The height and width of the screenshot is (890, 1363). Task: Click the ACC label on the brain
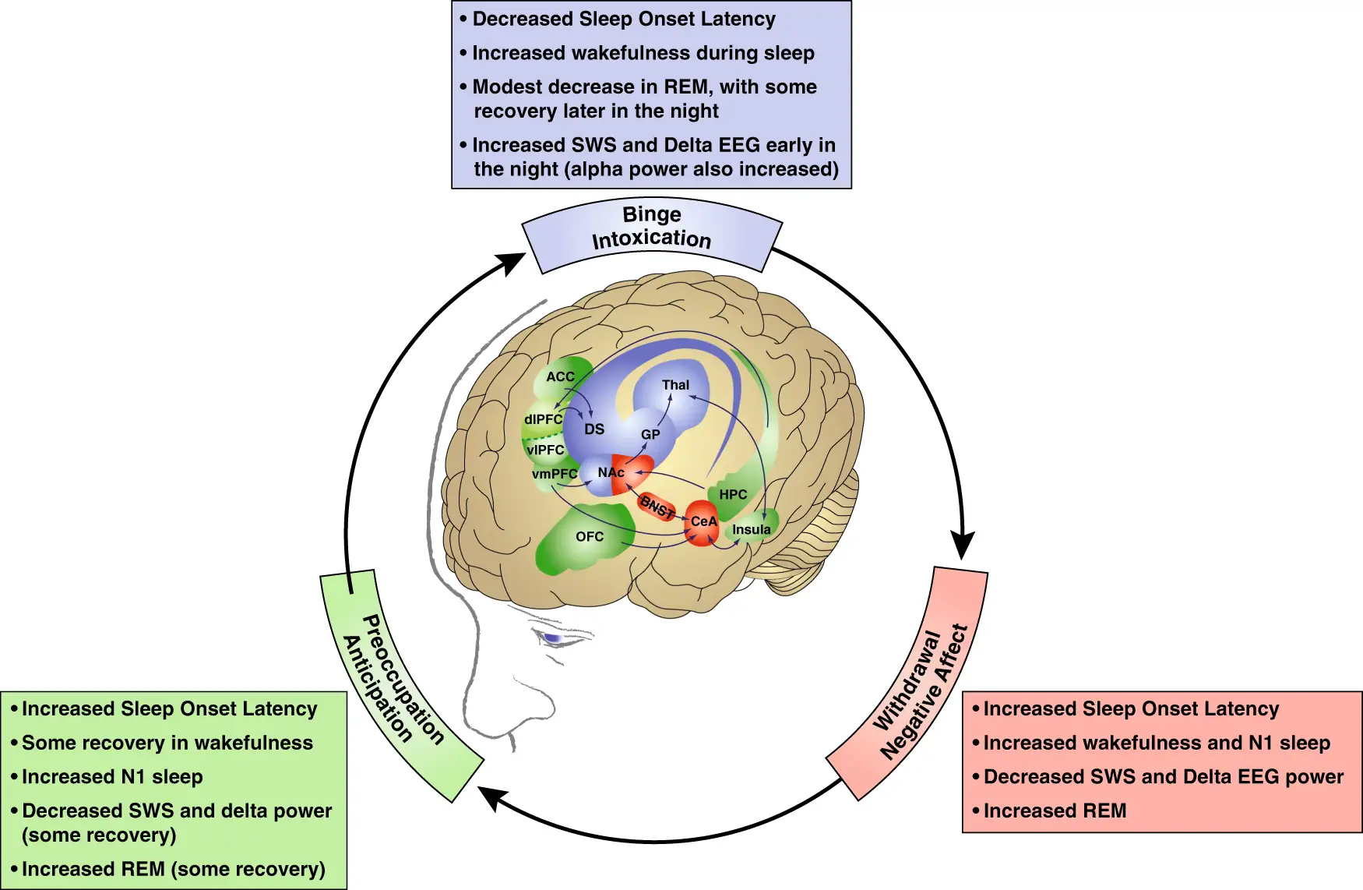coord(560,377)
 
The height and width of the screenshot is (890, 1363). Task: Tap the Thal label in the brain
coord(675,385)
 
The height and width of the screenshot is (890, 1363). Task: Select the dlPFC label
coord(543,419)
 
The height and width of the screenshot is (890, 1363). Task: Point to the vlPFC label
coord(545,450)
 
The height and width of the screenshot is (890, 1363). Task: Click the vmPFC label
coord(555,474)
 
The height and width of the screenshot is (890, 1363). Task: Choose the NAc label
coord(611,472)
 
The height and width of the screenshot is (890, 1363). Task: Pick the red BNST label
coord(657,507)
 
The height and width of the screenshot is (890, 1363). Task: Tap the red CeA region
coord(702,522)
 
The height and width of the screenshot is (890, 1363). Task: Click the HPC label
coord(733,495)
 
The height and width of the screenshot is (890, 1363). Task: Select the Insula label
coord(752,530)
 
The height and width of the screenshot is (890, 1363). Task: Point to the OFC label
coord(590,537)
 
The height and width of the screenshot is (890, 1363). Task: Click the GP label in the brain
coord(650,435)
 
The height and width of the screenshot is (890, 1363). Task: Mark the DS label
coord(594,429)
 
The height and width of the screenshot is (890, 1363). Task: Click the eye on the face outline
coord(553,639)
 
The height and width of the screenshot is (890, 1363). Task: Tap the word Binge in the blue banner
coord(652,214)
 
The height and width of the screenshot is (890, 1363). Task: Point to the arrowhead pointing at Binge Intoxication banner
coord(512,263)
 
